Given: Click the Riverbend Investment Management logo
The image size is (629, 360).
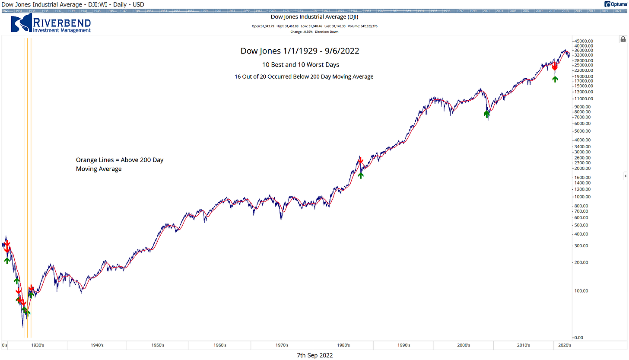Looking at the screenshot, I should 51,24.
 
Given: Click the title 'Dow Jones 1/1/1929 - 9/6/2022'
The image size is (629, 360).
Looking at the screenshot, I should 299,51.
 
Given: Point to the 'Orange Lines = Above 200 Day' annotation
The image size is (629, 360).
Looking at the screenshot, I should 120,160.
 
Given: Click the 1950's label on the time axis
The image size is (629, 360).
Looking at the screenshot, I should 158,345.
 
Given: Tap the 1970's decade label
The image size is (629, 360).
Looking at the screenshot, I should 282,345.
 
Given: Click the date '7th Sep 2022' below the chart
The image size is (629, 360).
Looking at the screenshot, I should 314,355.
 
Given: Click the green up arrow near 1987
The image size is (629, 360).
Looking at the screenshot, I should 361,175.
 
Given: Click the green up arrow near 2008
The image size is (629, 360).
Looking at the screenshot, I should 486,114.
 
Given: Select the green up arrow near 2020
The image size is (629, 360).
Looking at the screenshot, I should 555,78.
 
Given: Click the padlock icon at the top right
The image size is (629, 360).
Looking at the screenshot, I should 623,39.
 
